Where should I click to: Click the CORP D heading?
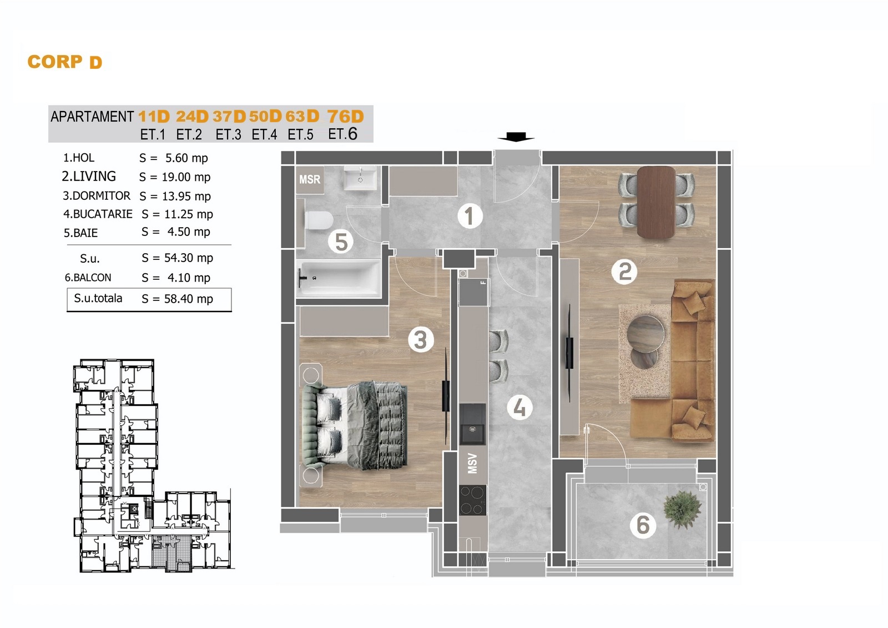[64, 62]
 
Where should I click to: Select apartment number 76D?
[345, 117]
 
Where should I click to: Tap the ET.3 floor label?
[228, 135]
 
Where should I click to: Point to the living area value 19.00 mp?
[186, 177]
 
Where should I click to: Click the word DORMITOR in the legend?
[101, 195]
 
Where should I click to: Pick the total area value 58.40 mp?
[189, 299]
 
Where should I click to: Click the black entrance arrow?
[516, 137]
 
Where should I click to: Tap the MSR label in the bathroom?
[310, 180]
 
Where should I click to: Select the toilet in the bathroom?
[319, 220]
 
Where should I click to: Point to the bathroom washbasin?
[360, 178]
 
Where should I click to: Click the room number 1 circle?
[470, 217]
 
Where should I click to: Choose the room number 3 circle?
[421, 340]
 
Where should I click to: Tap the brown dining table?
[656, 202]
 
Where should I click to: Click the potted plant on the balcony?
[682, 509]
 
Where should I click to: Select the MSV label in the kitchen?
[472, 463]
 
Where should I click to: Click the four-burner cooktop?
[472, 500]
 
